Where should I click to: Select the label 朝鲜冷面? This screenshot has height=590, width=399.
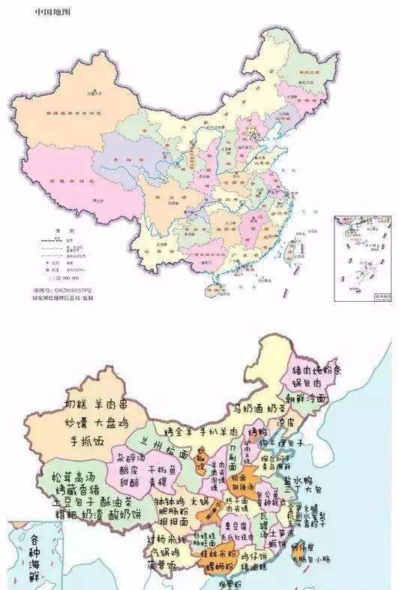click(308, 399)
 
